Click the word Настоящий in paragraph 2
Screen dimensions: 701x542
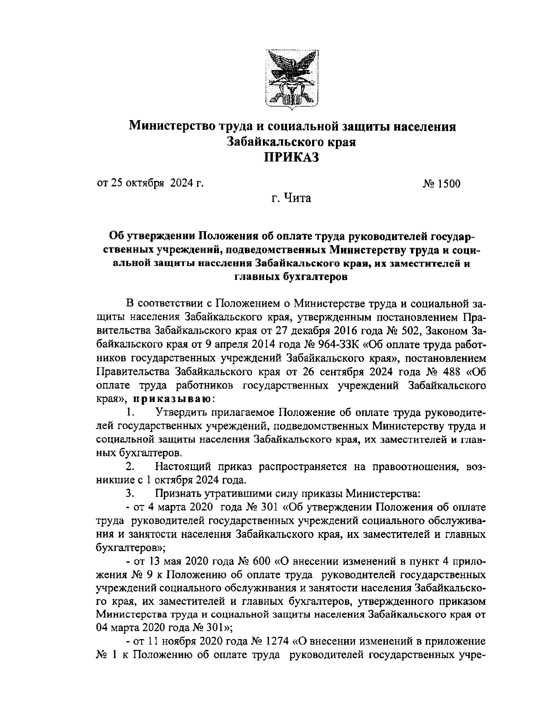click(x=183, y=466)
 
